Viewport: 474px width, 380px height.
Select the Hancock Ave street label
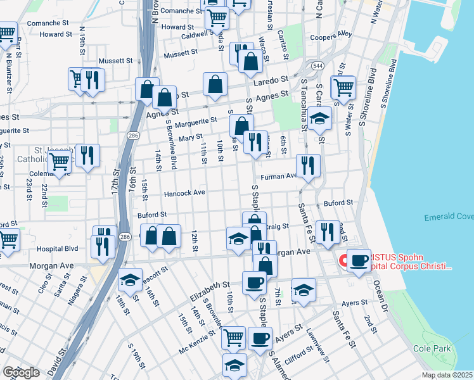coord(184,193)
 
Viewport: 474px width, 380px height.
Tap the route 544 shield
coord(317,66)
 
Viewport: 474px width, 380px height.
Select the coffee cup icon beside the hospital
coord(359,260)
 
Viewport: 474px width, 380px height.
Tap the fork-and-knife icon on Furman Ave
coord(308,166)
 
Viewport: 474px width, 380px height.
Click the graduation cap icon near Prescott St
coord(130,279)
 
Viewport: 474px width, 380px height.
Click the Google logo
coord(21,372)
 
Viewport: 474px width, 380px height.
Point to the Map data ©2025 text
coord(447,375)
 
